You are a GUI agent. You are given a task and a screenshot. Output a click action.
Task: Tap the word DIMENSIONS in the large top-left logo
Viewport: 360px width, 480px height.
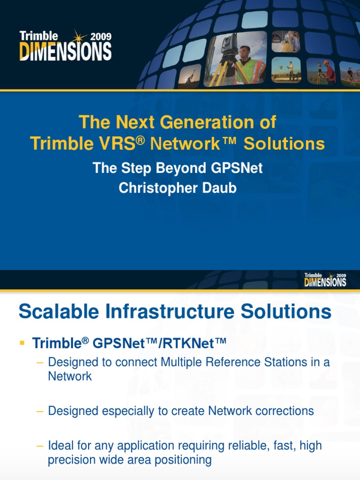(65, 51)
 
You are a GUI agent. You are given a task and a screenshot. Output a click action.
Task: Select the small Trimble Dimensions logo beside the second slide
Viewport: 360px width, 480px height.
(325, 279)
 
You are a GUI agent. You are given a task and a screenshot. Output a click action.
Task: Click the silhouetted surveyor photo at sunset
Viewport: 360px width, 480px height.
(189, 75)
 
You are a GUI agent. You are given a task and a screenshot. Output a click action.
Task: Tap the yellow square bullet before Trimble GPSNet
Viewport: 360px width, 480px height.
(22, 344)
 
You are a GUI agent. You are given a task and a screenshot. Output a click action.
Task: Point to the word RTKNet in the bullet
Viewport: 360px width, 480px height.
(195, 344)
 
